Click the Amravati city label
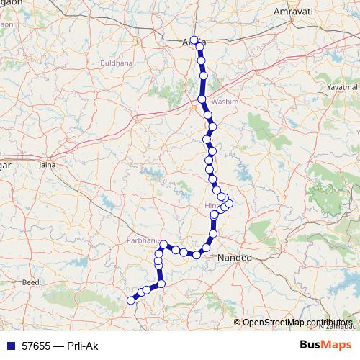291,12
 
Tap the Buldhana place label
118,63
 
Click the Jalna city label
47,165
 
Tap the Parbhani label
142,240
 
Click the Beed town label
30,283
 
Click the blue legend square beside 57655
8,346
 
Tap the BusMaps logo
326,345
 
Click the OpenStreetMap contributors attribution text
297,323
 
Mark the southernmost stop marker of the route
131,300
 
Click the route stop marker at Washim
202,99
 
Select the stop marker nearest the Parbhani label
163,245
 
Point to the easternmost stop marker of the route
229,203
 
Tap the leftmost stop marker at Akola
194,40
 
